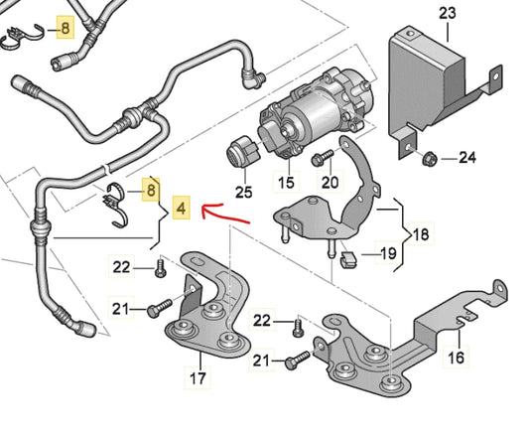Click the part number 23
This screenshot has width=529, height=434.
point(446,12)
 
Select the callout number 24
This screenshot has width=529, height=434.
point(467,157)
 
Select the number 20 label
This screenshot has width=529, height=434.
point(331,183)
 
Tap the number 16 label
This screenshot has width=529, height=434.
point(457,358)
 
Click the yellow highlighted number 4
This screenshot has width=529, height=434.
point(179,210)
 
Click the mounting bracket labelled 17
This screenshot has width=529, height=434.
point(213,318)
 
